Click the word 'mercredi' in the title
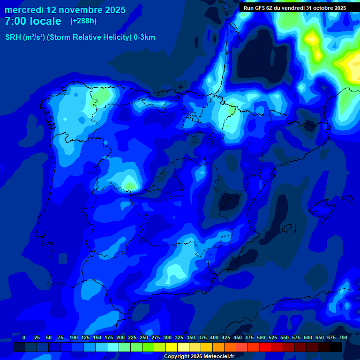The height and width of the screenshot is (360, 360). (x=24, y=10)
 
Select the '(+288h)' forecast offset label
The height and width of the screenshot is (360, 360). (x=83, y=21)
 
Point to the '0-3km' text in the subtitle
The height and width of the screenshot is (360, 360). (x=144, y=37)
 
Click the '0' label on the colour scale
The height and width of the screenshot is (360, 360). (x=24, y=337)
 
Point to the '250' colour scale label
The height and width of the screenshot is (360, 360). (x=144, y=337)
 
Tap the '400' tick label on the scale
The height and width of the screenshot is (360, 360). (x=214, y=337)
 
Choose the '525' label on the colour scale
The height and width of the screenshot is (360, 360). (x=273, y=337)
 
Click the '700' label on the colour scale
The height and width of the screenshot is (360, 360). (x=343, y=337)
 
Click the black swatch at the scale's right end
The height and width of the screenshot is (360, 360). (x=336, y=347)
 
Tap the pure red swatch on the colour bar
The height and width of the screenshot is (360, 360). (x=265, y=347)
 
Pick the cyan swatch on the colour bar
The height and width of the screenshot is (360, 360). (x=113, y=347)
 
